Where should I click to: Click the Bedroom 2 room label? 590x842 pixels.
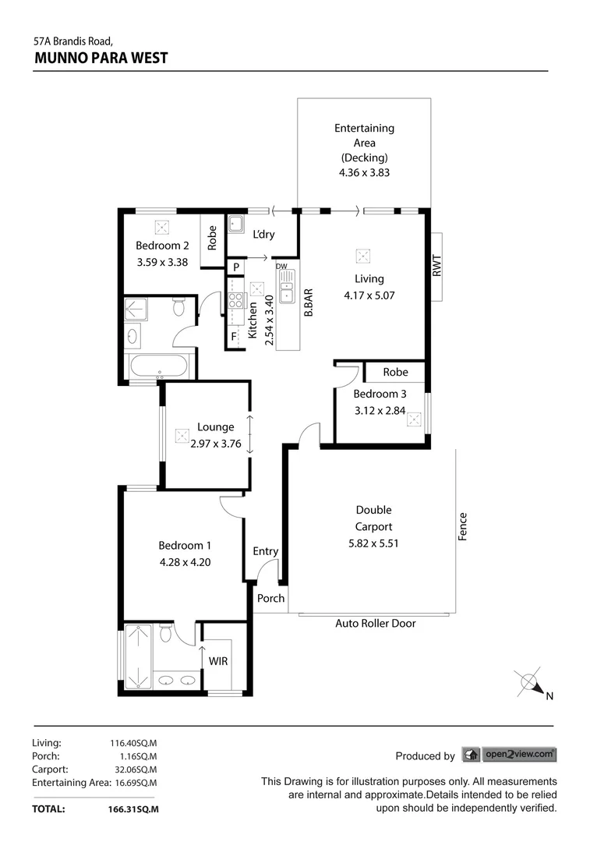[x=162, y=246]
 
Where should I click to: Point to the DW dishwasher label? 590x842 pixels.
[x=281, y=267]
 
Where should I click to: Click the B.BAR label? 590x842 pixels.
[x=309, y=302]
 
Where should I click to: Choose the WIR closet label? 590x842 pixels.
[x=218, y=661]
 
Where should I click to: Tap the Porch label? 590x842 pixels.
[x=271, y=599]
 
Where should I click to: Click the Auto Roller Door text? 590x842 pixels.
[x=375, y=624]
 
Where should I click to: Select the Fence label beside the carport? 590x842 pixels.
[x=463, y=528]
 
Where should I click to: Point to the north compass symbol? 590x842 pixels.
[x=532, y=683]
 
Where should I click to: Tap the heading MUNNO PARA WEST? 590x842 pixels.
[x=101, y=58]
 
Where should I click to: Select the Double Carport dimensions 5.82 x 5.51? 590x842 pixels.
[x=373, y=543]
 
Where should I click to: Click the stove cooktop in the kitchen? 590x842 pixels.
[x=235, y=301]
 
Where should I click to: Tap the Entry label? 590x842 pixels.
[x=265, y=551]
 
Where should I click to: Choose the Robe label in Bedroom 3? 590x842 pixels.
[x=395, y=372]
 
